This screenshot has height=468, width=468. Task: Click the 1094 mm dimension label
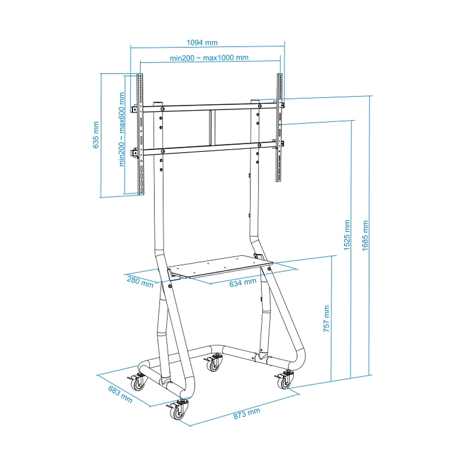coord(202,43)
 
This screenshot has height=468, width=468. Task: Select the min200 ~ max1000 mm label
coord(209,57)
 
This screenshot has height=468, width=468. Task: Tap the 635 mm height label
coord(96,134)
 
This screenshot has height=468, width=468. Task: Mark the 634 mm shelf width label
coord(242,283)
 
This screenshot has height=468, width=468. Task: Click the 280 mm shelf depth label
coord(140,281)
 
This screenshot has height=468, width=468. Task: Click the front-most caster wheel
coord(179,412)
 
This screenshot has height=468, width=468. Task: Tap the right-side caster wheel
coord(285,381)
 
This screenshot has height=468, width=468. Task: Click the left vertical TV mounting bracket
coord(140,134)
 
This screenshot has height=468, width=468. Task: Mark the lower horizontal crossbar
coord(208,149)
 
